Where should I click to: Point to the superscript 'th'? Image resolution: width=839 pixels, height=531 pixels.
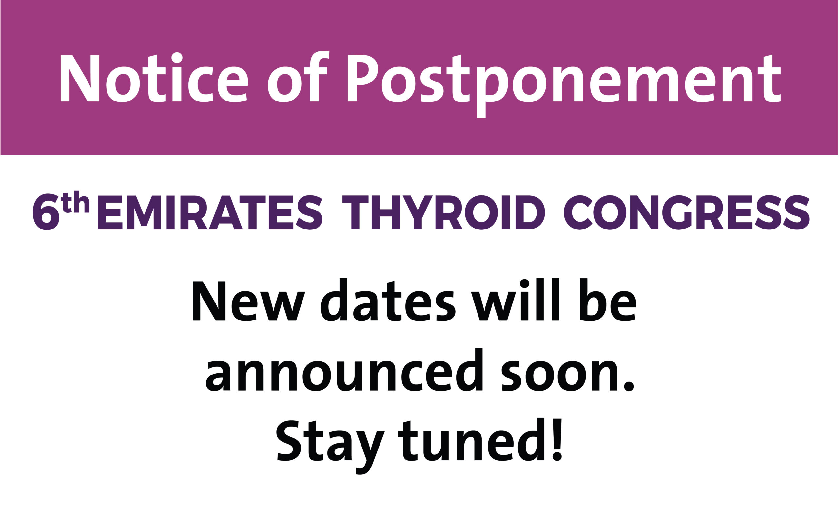click(x=75, y=201)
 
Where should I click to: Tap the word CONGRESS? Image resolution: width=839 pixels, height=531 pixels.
click(x=686, y=212)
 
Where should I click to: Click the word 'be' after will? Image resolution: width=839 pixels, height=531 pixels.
click(x=608, y=300)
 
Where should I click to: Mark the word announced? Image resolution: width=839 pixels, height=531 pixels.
click(x=344, y=370)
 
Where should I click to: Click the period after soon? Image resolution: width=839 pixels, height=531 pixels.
click(x=629, y=386)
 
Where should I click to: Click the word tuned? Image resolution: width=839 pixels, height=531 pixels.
click(x=471, y=439)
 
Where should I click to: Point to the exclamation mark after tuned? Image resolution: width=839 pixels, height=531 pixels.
click(x=557, y=440)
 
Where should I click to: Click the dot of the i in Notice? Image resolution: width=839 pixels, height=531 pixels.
click(x=177, y=57)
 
